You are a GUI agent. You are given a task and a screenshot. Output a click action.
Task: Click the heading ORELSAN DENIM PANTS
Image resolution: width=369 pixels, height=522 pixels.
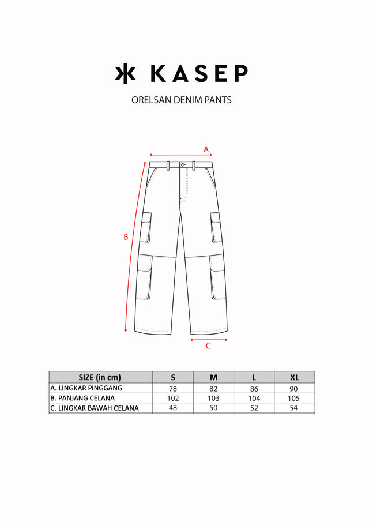[182, 100]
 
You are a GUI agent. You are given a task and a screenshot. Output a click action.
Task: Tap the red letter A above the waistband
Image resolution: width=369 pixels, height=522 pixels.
[206, 149]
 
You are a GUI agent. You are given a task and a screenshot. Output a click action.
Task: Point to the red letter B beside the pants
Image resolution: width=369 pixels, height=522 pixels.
[126, 236]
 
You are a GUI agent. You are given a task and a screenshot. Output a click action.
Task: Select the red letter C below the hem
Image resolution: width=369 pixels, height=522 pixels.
[208, 346]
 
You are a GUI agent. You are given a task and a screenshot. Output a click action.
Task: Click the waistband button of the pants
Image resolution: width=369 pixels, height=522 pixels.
[182, 165]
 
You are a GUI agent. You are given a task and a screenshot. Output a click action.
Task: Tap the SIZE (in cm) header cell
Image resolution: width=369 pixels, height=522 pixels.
[100, 377]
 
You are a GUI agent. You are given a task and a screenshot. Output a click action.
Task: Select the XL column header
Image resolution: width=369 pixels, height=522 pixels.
[295, 377]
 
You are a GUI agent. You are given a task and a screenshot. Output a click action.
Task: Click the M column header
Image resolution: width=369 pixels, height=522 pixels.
[213, 377]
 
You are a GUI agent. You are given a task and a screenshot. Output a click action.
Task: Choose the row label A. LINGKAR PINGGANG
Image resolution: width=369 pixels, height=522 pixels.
[86, 388]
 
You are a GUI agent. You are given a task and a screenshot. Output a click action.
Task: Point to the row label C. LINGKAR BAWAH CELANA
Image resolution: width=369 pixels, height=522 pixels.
[95, 408]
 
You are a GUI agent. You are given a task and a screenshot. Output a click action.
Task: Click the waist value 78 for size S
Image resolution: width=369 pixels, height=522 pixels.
[173, 389]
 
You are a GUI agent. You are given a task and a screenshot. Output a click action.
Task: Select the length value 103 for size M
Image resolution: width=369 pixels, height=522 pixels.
[213, 399]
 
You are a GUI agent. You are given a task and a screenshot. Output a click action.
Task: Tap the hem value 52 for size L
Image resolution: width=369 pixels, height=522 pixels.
[254, 408]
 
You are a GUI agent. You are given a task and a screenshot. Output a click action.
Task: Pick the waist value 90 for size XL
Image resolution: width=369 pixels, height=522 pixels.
[295, 389]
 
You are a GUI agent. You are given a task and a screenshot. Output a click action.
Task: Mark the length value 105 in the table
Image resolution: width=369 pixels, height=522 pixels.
[295, 399]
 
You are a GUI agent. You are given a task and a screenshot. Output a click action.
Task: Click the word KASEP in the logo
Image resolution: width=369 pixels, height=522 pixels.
[199, 73]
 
